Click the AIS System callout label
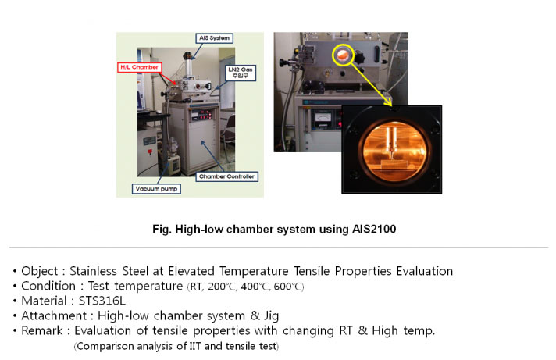pos(214,38)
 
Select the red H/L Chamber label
pos(139,67)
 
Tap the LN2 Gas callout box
pos(240,73)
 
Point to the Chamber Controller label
pos(226,176)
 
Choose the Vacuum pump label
pos(156,189)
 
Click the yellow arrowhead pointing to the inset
pos(389,102)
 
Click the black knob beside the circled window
pos(359,58)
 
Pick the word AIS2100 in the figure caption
pos(374,229)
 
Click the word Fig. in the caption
pos(162,230)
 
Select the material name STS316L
pos(102,301)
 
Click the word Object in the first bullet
pos(39,271)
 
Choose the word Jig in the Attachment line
pos(271,316)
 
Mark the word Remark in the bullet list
pos(42,330)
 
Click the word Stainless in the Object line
pos(93,271)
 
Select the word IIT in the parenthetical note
pos(195,346)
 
